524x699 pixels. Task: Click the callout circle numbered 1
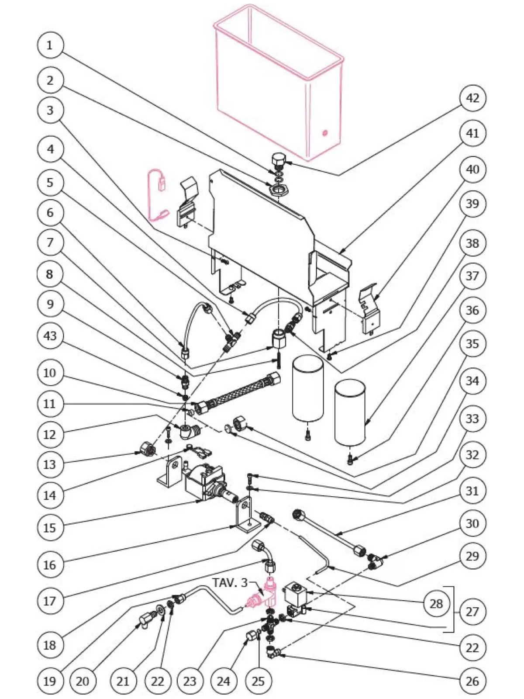click(x=49, y=45)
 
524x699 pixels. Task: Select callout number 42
click(x=472, y=98)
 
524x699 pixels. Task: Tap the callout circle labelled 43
click(x=50, y=336)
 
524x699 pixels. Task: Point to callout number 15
click(x=50, y=527)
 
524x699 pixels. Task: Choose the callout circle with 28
click(x=436, y=604)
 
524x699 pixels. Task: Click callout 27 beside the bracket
click(x=472, y=611)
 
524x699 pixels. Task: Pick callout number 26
click(x=472, y=681)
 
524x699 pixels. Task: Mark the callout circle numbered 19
click(x=49, y=681)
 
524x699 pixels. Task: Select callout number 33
click(x=472, y=419)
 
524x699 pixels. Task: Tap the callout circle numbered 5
click(x=50, y=182)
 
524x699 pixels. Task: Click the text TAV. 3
click(x=230, y=582)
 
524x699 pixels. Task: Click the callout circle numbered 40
click(x=472, y=169)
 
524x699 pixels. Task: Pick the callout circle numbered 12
click(x=50, y=434)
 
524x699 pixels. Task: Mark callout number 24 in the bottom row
click(x=223, y=681)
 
